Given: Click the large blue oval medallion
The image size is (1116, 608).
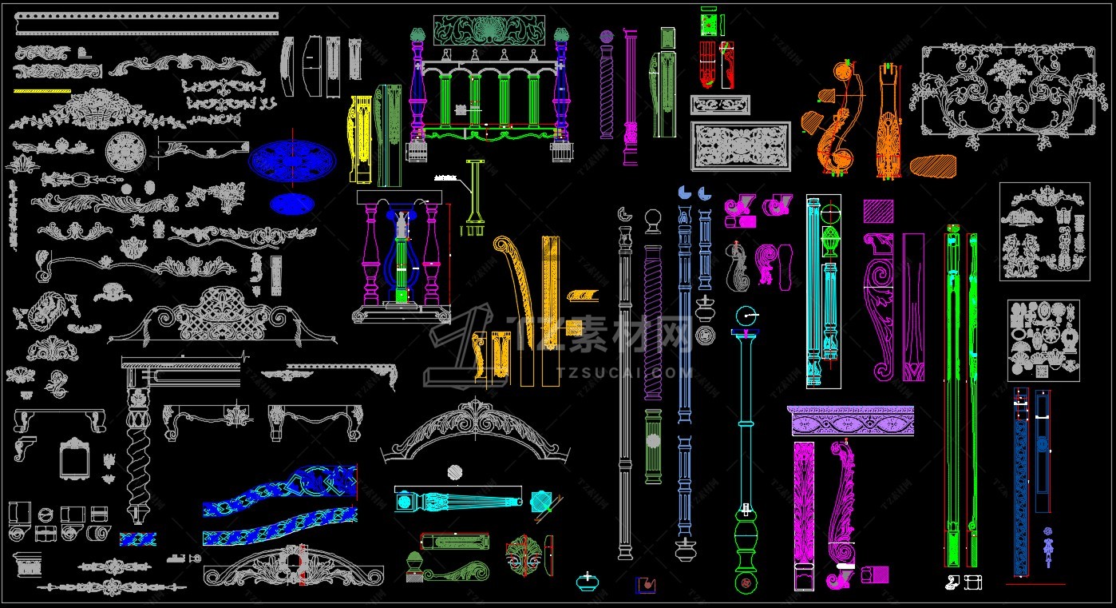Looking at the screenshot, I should point(292,162).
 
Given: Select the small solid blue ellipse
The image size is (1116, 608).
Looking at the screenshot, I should point(292,204).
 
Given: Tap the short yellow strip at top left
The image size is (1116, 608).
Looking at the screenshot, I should point(42,92).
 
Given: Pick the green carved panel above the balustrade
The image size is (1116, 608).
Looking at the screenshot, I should point(489,30).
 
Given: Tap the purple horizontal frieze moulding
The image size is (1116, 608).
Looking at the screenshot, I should point(851,420).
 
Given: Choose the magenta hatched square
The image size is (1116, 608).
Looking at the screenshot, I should point(877,212).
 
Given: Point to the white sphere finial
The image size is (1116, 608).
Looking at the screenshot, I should point(653,219).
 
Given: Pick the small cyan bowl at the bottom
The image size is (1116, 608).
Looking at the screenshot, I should point(588,581).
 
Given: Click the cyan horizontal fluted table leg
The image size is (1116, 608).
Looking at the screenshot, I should point(463,501).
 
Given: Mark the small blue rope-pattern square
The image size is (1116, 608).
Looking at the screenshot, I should point(137,539).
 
